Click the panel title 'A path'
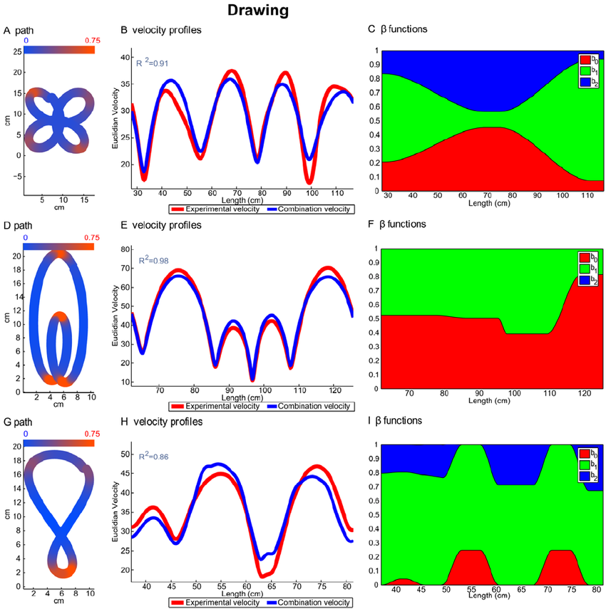point(19,31)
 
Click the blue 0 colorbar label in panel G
point(26,432)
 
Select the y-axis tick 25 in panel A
point(16,52)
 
